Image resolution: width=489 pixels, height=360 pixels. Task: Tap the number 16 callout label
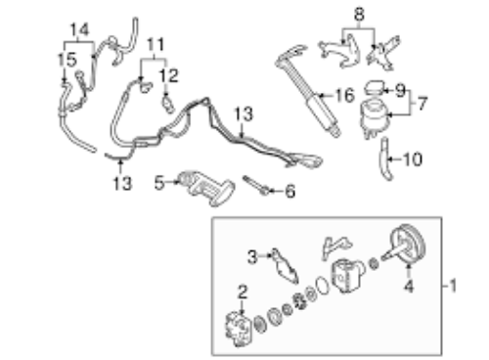(x=342, y=95)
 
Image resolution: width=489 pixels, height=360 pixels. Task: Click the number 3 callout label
(x=251, y=256)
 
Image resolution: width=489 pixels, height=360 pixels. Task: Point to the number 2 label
(x=242, y=291)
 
